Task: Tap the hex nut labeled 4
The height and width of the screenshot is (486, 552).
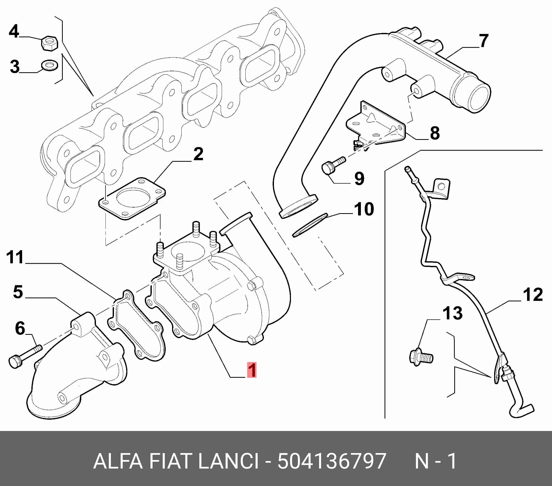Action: coord(49,43)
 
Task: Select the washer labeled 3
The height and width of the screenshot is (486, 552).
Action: coord(49,65)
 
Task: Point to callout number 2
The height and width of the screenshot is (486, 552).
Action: coord(198,154)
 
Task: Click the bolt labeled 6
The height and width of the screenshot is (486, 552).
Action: coord(25,356)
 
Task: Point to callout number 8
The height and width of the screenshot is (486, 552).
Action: coord(435,133)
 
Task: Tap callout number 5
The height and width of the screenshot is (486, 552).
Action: coord(18,292)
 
